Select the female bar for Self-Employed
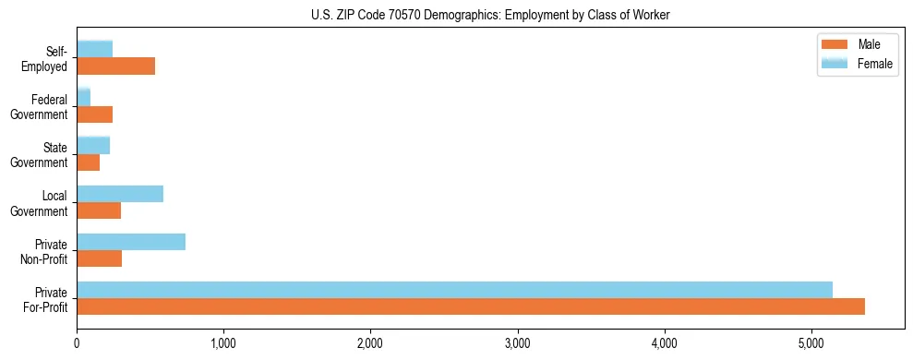click(x=95, y=49)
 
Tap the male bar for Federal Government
click(x=94, y=114)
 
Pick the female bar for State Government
click(x=93, y=145)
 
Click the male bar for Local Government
click(x=99, y=210)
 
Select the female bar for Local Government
click(x=120, y=194)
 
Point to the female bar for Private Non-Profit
click(x=131, y=242)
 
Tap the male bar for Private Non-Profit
click(x=99, y=258)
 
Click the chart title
click(x=490, y=14)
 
